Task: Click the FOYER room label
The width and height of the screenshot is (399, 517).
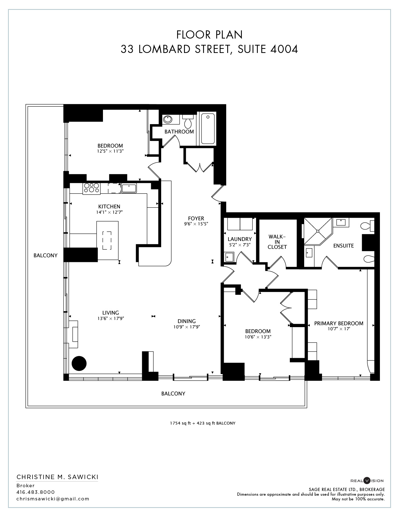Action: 196,218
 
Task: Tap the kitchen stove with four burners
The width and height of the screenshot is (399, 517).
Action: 91,188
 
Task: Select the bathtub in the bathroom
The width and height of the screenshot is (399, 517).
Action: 208,128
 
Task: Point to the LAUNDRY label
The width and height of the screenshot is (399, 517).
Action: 239,239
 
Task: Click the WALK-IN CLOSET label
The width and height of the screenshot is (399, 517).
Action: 277,242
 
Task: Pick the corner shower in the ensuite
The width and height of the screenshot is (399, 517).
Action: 318,231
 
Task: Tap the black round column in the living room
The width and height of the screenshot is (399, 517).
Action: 79,363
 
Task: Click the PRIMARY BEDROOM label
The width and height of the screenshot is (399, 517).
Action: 339,323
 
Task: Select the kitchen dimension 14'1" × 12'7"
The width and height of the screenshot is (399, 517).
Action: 109,212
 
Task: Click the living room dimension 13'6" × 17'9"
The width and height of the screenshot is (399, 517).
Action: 111,318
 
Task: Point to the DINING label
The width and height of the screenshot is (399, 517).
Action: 187,321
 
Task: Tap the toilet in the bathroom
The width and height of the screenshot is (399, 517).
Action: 188,121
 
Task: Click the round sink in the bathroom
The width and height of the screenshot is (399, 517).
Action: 168,119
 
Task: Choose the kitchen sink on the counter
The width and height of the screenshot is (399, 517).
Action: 129,188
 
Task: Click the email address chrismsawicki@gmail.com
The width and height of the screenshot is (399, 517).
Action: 53,499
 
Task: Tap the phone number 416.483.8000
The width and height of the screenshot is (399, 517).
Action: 35,492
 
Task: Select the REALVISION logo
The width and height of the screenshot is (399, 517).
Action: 367,481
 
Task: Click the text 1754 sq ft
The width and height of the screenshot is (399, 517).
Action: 180,423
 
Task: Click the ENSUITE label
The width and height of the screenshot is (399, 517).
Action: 343,246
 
